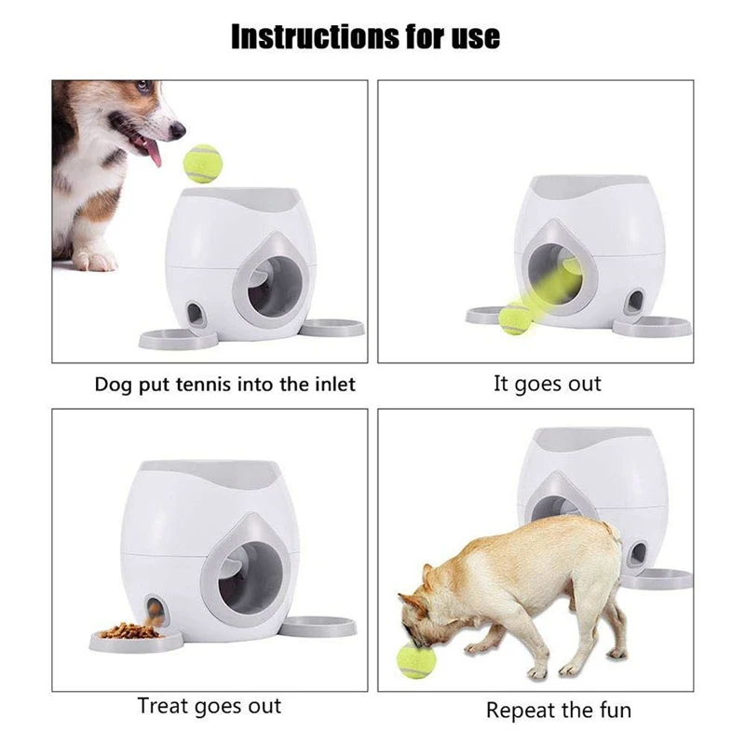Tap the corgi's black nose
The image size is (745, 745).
pyautogui.click(x=178, y=129)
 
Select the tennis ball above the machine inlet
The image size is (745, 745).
pyautogui.click(x=202, y=163)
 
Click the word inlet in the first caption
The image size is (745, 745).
pyautogui.click(x=335, y=384)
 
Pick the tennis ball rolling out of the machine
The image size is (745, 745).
pyautogui.click(x=516, y=318)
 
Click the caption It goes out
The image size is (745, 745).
pyautogui.click(x=548, y=384)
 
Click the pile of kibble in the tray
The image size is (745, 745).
pyautogui.click(x=129, y=630)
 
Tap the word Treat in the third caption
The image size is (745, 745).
pyautogui.click(x=163, y=706)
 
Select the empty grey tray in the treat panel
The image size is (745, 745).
pyautogui.click(x=318, y=626)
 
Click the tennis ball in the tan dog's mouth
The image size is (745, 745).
pyautogui.click(x=416, y=659)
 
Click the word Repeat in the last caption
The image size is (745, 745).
pyautogui.click(x=519, y=711)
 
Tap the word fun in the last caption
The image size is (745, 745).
pyautogui.click(x=615, y=711)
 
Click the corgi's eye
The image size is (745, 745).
pyautogui.click(x=143, y=86)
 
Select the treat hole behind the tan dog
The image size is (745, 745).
pyautogui.click(x=638, y=553)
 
